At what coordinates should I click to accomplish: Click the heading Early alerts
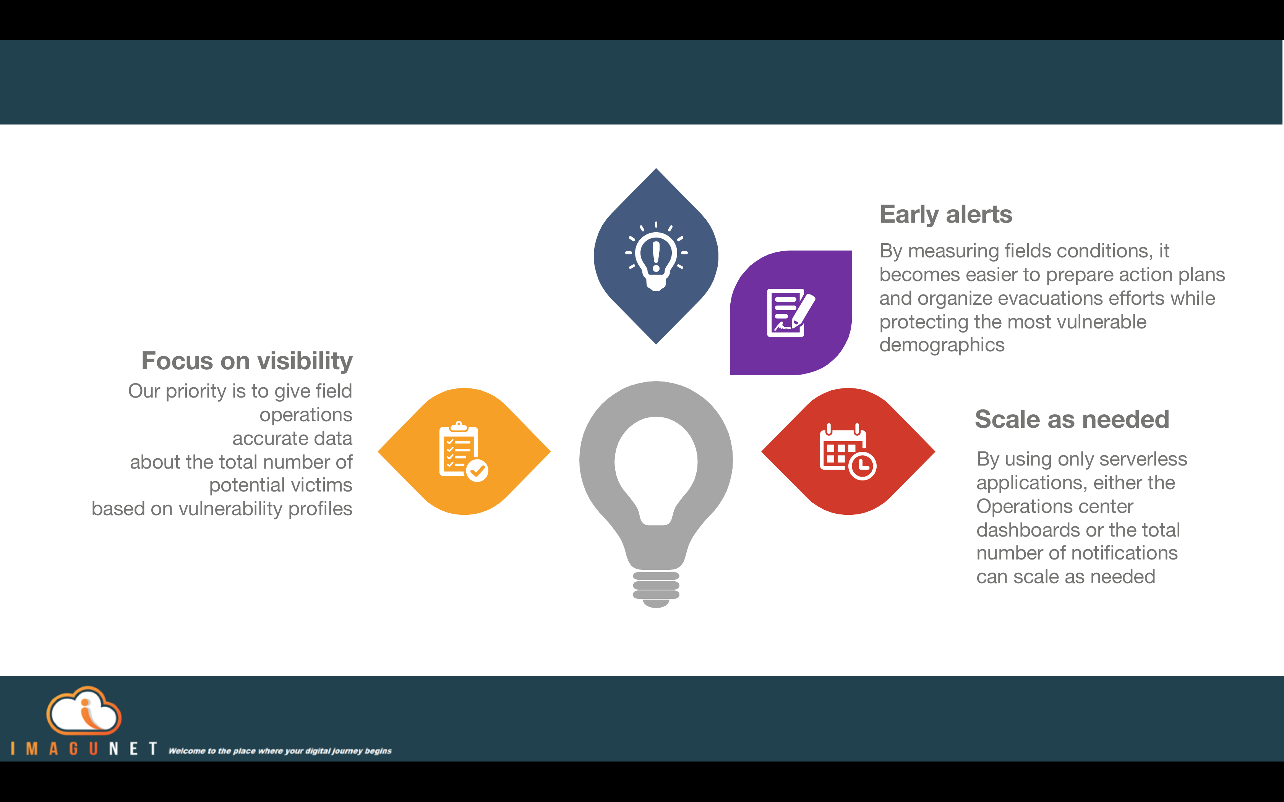click(945, 215)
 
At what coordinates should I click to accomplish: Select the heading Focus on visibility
click(247, 361)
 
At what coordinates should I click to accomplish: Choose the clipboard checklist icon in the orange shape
click(463, 451)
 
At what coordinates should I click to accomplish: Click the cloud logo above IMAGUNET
click(84, 710)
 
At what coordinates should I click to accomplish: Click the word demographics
click(942, 345)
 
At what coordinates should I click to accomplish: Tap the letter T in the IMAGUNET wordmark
click(153, 749)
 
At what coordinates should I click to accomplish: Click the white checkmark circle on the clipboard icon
click(477, 471)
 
